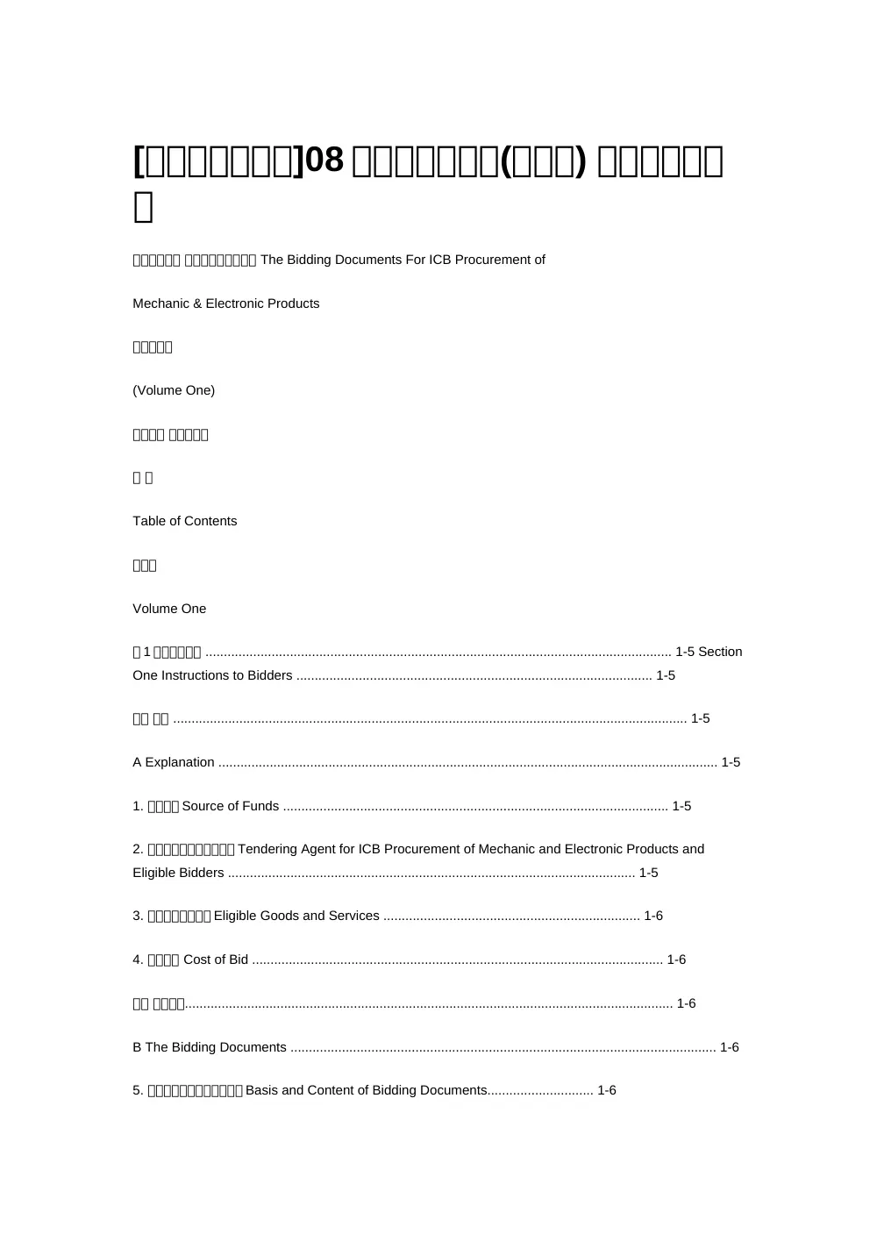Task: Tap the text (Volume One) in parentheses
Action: (x=174, y=390)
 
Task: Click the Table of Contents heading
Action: (x=185, y=521)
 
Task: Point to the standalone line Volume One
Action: (x=169, y=609)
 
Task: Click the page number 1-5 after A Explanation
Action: (x=731, y=762)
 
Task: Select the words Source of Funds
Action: (x=231, y=806)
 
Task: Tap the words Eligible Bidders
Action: (x=178, y=873)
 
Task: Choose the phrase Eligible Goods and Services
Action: (x=296, y=916)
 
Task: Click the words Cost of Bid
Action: (x=216, y=959)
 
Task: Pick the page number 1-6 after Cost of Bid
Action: (x=676, y=959)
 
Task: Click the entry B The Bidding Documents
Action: (x=210, y=1047)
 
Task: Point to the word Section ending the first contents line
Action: (x=720, y=652)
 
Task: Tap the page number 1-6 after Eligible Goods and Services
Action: (x=653, y=916)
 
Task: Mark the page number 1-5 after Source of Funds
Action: (x=681, y=806)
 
